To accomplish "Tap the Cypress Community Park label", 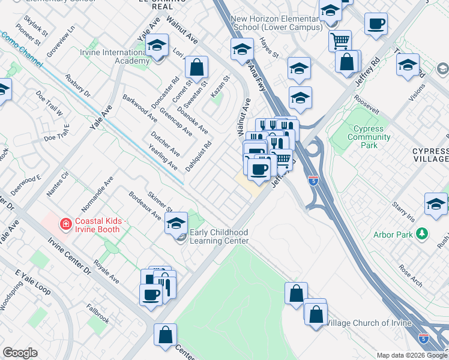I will [x=372, y=137].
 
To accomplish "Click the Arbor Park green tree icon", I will [x=423, y=233].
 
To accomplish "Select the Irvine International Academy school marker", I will [x=157, y=47].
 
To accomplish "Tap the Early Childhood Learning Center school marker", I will [x=175, y=224].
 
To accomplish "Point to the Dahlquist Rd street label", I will [x=199, y=157].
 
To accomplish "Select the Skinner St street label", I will [x=161, y=205].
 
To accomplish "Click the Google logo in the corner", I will [x=20, y=353].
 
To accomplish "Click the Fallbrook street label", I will [x=97, y=316].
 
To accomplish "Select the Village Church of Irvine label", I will [x=367, y=323].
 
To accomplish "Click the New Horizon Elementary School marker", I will [x=242, y=50].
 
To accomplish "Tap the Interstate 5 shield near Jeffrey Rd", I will [x=313, y=181].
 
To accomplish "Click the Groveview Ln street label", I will [x=62, y=38].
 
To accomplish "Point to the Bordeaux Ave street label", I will [x=145, y=206].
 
